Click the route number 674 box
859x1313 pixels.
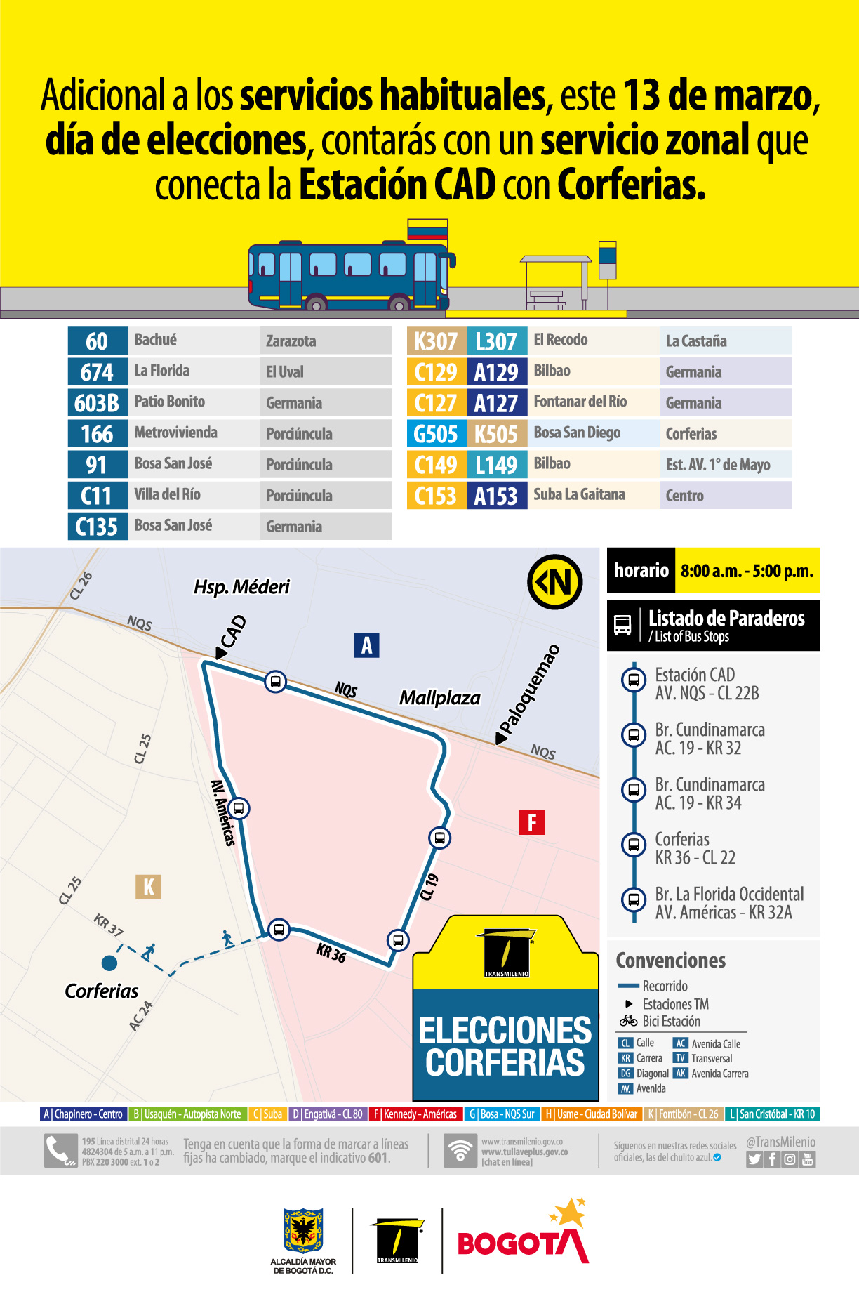click(x=98, y=371)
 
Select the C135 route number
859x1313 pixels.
click(x=98, y=526)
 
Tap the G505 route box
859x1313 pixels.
click(x=436, y=434)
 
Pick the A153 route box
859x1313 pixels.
click(x=496, y=496)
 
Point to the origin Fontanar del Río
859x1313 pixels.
click(x=580, y=402)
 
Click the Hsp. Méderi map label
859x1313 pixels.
click(x=241, y=587)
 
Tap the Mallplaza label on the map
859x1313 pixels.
click(x=439, y=698)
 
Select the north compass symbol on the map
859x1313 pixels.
click(x=555, y=581)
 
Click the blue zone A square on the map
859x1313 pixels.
click(x=366, y=645)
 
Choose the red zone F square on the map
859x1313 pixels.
click(x=531, y=822)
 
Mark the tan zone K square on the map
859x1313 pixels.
click(x=148, y=887)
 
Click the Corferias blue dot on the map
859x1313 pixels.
click(x=109, y=962)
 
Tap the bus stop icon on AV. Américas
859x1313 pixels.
click(x=239, y=808)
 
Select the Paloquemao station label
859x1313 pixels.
click(x=530, y=692)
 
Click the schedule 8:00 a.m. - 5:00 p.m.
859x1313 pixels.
click(x=747, y=571)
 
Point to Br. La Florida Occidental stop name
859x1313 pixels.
click(x=729, y=894)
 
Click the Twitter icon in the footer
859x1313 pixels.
click(x=754, y=1159)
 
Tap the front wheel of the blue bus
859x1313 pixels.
click(x=399, y=305)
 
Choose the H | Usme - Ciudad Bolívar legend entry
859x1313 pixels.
click(x=592, y=1114)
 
